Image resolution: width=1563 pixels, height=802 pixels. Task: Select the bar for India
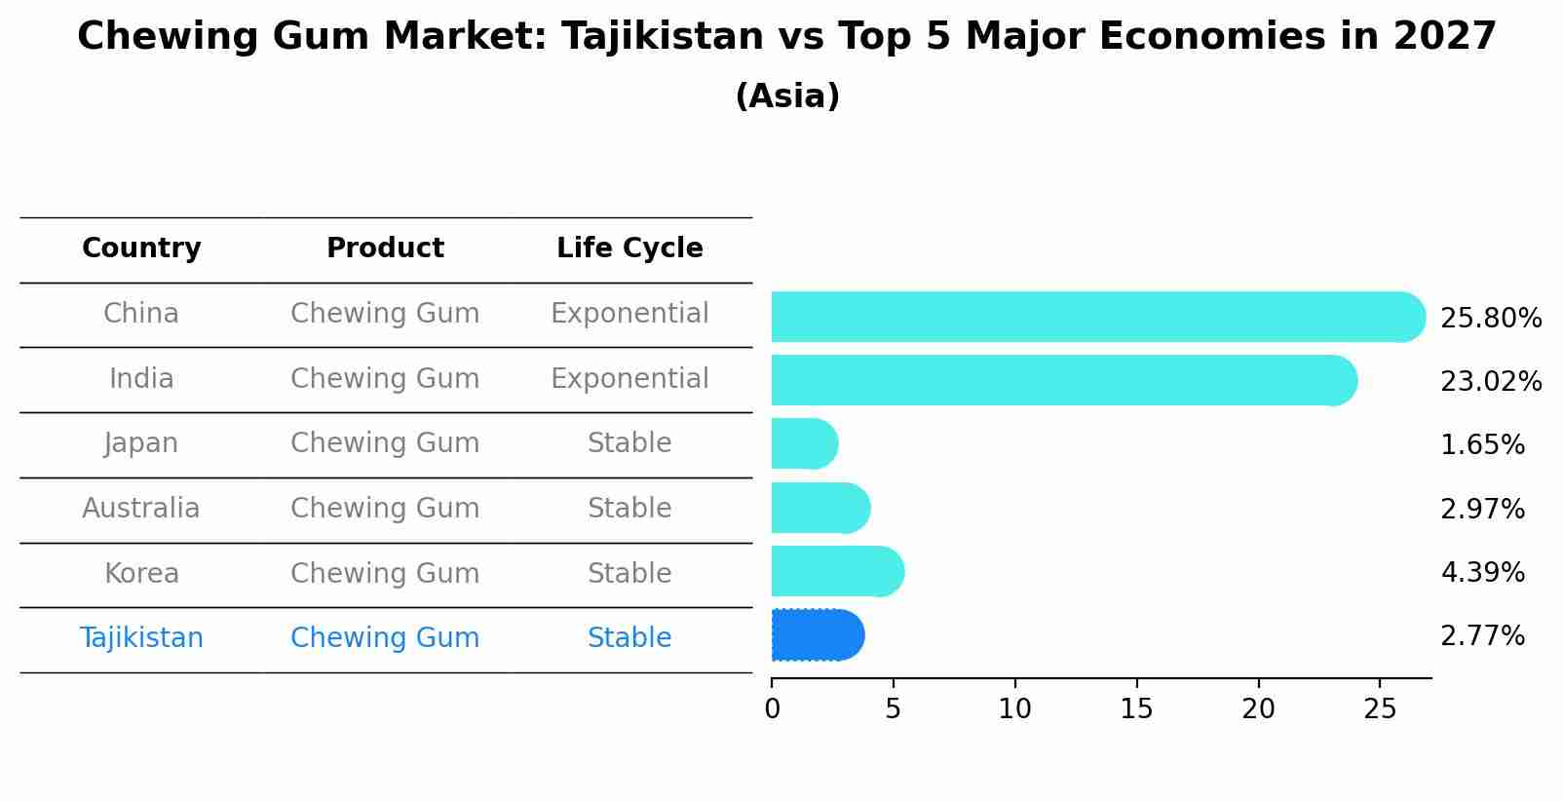[x=1062, y=380]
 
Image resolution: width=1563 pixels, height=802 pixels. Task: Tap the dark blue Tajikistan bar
[x=817, y=635]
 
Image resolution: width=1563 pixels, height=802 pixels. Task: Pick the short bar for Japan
[x=804, y=443]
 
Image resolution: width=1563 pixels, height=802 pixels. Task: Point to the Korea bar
[x=836, y=571]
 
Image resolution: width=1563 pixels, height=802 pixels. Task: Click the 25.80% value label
[x=1490, y=319]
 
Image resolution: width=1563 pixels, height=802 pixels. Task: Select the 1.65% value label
[x=1482, y=445]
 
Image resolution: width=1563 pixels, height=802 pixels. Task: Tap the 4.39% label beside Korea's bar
[x=1482, y=572]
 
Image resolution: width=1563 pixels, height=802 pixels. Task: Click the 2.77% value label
[x=1482, y=636]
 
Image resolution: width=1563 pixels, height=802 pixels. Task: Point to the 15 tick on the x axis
[x=1136, y=709]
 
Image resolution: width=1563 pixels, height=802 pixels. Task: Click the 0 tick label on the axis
[x=772, y=709]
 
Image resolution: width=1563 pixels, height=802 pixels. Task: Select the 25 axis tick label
[x=1380, y=709]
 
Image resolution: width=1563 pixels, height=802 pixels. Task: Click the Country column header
[x=141, y=248]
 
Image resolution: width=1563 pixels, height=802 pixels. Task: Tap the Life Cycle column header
[x=629, y=248]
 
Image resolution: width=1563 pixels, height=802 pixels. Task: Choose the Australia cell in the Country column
[x=141, y=509]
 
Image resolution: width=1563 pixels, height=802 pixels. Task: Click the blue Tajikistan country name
[x=141, y=638]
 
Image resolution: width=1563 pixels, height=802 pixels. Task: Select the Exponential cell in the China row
[x=629, y=314]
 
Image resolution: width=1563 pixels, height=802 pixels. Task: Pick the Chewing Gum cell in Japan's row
[x=385, y=443]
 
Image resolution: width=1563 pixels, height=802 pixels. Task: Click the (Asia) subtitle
[x=787, y=96]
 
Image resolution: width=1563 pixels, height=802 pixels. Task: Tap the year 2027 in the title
[x=1444, y=37]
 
